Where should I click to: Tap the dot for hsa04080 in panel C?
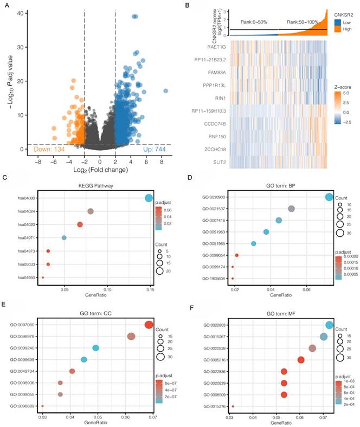coord(149,198)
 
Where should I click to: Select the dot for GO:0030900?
coord(329,197)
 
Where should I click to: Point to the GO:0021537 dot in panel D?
coord(291,209)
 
